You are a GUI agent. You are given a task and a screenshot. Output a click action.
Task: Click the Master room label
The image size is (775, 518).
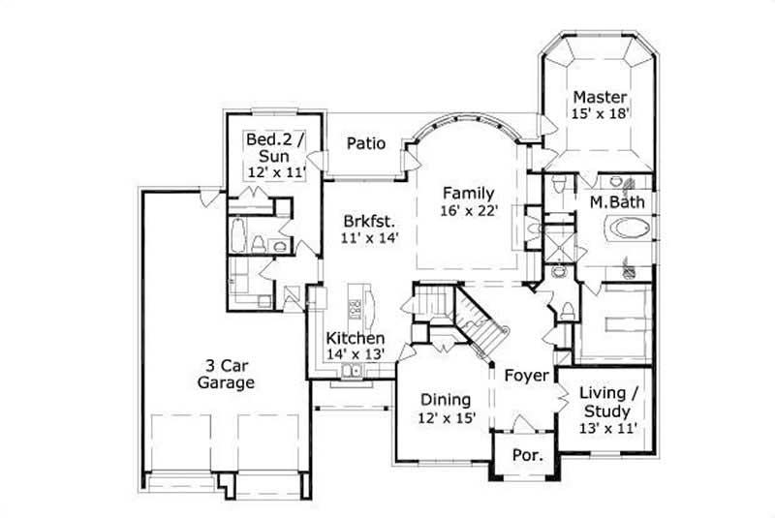(600, 97)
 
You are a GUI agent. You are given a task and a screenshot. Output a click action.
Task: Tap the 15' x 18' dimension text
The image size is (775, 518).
(601, 113)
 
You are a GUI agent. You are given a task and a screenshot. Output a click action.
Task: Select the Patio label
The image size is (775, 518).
(367, 143)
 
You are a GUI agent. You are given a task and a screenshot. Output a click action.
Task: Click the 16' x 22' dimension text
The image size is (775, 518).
(469, 210)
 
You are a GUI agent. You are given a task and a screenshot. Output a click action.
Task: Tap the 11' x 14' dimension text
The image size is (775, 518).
(363, 235)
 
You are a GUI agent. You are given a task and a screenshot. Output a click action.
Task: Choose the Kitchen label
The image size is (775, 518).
(355, 338)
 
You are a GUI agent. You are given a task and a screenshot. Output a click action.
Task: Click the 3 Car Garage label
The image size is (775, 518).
(228, 374)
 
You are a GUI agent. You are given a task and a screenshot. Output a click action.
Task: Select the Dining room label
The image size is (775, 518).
(446, 399)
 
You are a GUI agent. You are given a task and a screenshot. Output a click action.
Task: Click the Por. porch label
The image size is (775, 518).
(527, 453)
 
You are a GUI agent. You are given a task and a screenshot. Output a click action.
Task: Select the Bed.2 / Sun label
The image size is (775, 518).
(275, 147)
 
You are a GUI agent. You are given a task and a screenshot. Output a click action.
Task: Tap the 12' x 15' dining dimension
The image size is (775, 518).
(446, 417)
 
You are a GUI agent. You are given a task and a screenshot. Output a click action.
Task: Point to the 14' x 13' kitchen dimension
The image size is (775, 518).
(356, 354)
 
